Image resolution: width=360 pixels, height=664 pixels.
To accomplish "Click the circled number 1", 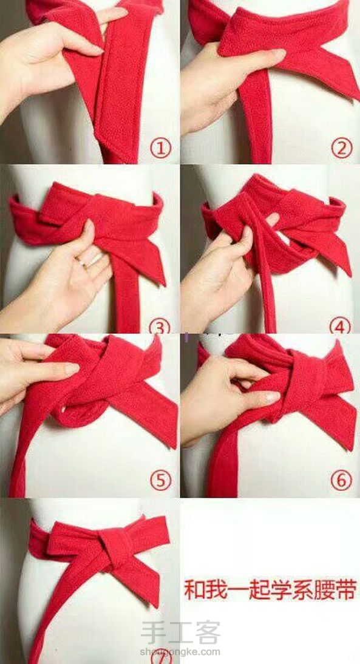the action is coord(160,149).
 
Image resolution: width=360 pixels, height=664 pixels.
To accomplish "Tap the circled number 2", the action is coord(341,148).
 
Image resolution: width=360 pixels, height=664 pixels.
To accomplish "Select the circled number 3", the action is coord(160,326).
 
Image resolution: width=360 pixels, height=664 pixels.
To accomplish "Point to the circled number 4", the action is coord(340,326).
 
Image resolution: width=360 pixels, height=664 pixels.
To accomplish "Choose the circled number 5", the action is coord(160,480).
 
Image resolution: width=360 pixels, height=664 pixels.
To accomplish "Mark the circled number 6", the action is coord(341,480).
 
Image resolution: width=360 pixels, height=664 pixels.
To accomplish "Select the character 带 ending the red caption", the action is coord(347,590).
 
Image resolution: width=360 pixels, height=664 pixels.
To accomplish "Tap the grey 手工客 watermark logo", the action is coord(180,632).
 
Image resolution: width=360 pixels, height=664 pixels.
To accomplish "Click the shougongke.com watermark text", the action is coord(180,652).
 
